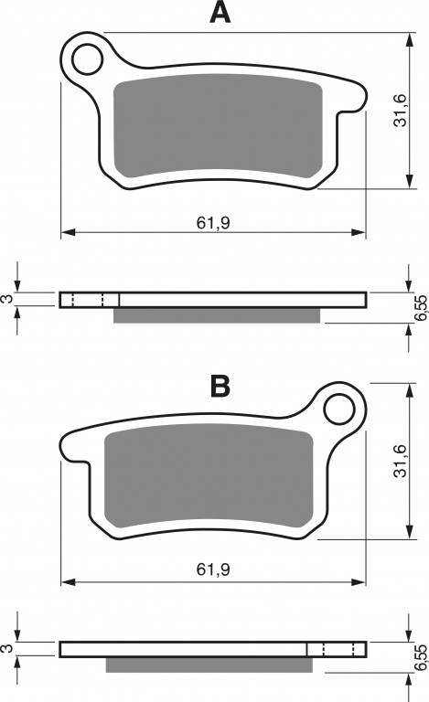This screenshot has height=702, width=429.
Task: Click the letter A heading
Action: click(220, 13)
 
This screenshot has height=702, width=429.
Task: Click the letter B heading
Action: click(220, 386)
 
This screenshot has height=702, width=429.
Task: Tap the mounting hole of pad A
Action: click(87, 59)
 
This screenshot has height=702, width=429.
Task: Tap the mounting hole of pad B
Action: click(339, 409)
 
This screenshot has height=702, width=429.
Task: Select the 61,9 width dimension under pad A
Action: click(213, 222)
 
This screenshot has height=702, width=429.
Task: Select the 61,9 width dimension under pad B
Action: click(213, 569)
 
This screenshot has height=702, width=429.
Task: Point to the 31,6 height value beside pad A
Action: click(400, 110)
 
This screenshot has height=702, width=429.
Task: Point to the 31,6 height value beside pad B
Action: click(400, 461)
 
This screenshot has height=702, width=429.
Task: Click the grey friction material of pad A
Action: click(218, 124)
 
